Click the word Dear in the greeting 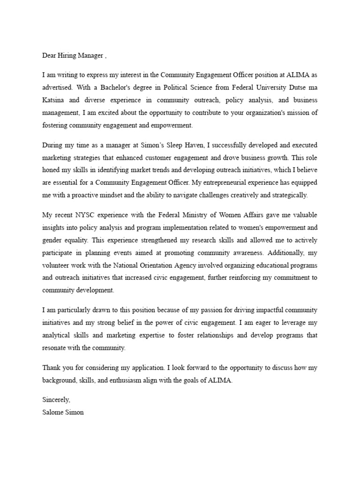click(x=50, y=56)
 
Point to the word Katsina click(x=53, y=100)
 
